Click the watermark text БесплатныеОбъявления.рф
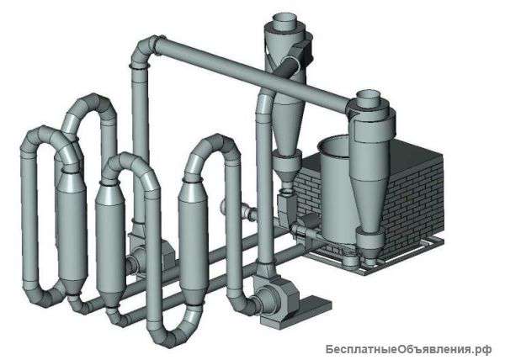pyautogui.click(x=408, y=349)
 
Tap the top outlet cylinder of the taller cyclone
pyautogui.click(x=284, y=21)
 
